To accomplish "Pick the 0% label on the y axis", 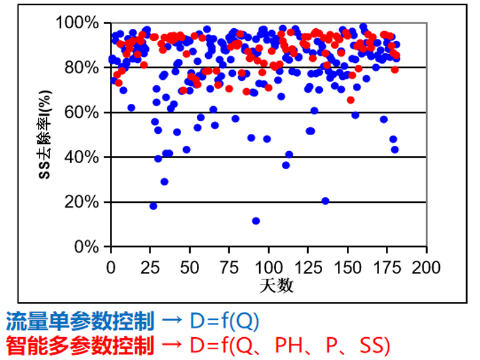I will coord(88,247).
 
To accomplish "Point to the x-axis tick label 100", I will coord(268,266).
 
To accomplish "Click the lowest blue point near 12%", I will coord(256,221).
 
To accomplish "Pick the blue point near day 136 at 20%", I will coord(325,201).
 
